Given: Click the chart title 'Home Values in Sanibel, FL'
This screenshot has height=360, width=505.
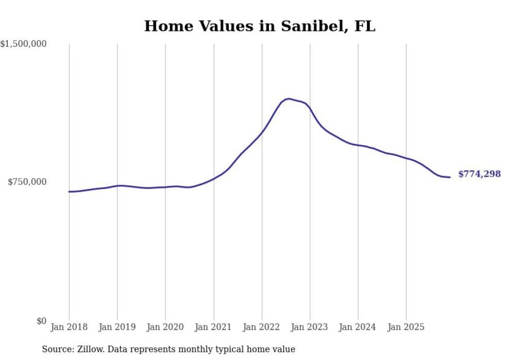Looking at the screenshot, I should (260, 26).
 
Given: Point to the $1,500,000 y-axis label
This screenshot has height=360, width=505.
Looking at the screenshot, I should (24, 44).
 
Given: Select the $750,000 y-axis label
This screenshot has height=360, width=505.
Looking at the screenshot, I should (27, 182).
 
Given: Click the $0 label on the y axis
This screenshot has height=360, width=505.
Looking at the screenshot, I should (41, 321).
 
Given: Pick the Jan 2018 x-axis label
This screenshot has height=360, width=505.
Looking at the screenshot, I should (69, 327).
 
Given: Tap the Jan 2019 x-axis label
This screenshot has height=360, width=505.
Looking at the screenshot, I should (117, 327).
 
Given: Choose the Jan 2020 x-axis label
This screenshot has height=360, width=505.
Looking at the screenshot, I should (165, 327).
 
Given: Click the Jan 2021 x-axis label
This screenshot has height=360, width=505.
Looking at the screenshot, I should (213, 327).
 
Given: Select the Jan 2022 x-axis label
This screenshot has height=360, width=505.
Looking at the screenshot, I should (262, 327).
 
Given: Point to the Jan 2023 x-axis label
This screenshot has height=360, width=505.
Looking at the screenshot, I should (310, 327).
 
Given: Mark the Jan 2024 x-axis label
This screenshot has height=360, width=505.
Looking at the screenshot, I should (358, 327).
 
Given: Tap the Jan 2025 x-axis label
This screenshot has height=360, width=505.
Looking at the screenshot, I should (406, 327).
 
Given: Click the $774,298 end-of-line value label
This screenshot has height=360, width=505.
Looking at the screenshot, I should (479, 174).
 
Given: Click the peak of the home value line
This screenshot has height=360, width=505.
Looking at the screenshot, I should (289, 98).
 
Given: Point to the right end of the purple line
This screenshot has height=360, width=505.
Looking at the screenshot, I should (450, 177).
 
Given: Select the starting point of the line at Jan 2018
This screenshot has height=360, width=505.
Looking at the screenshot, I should (69, 192).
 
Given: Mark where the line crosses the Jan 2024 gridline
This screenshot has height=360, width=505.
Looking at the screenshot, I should (358, 146).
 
